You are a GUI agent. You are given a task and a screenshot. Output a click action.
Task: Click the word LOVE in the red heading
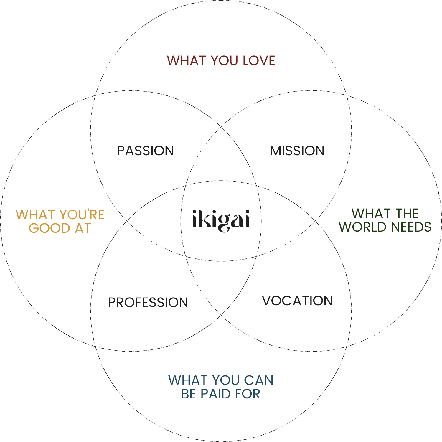259,61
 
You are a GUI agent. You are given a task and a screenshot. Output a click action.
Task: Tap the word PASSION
146,151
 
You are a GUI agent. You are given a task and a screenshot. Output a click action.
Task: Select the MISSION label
297,151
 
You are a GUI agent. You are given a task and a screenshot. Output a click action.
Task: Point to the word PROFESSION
148,303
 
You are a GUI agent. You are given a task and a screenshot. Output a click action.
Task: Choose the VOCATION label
297,301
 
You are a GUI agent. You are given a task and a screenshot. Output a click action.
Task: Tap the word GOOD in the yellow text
50,228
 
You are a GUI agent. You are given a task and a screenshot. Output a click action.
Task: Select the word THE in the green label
407,213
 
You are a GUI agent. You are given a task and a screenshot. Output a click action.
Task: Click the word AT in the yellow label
83,228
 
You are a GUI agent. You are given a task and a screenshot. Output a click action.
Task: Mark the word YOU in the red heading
224,61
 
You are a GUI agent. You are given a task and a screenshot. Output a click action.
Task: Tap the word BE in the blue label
189,394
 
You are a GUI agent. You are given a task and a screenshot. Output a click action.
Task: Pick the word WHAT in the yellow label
35,215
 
